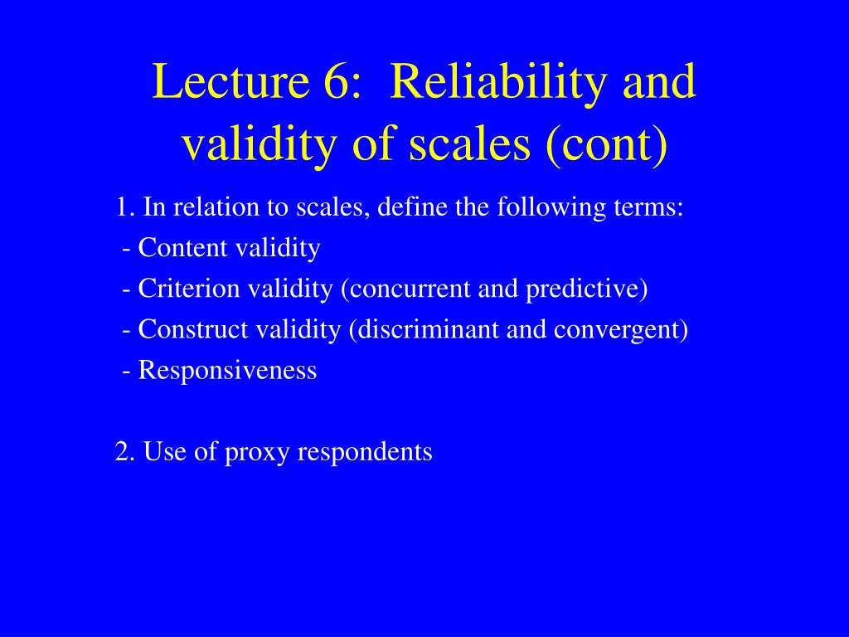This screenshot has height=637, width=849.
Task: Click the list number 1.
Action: coord(124,207)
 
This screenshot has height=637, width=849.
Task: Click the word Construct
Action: coord(193,329)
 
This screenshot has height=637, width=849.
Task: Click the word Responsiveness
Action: coord(227,370)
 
